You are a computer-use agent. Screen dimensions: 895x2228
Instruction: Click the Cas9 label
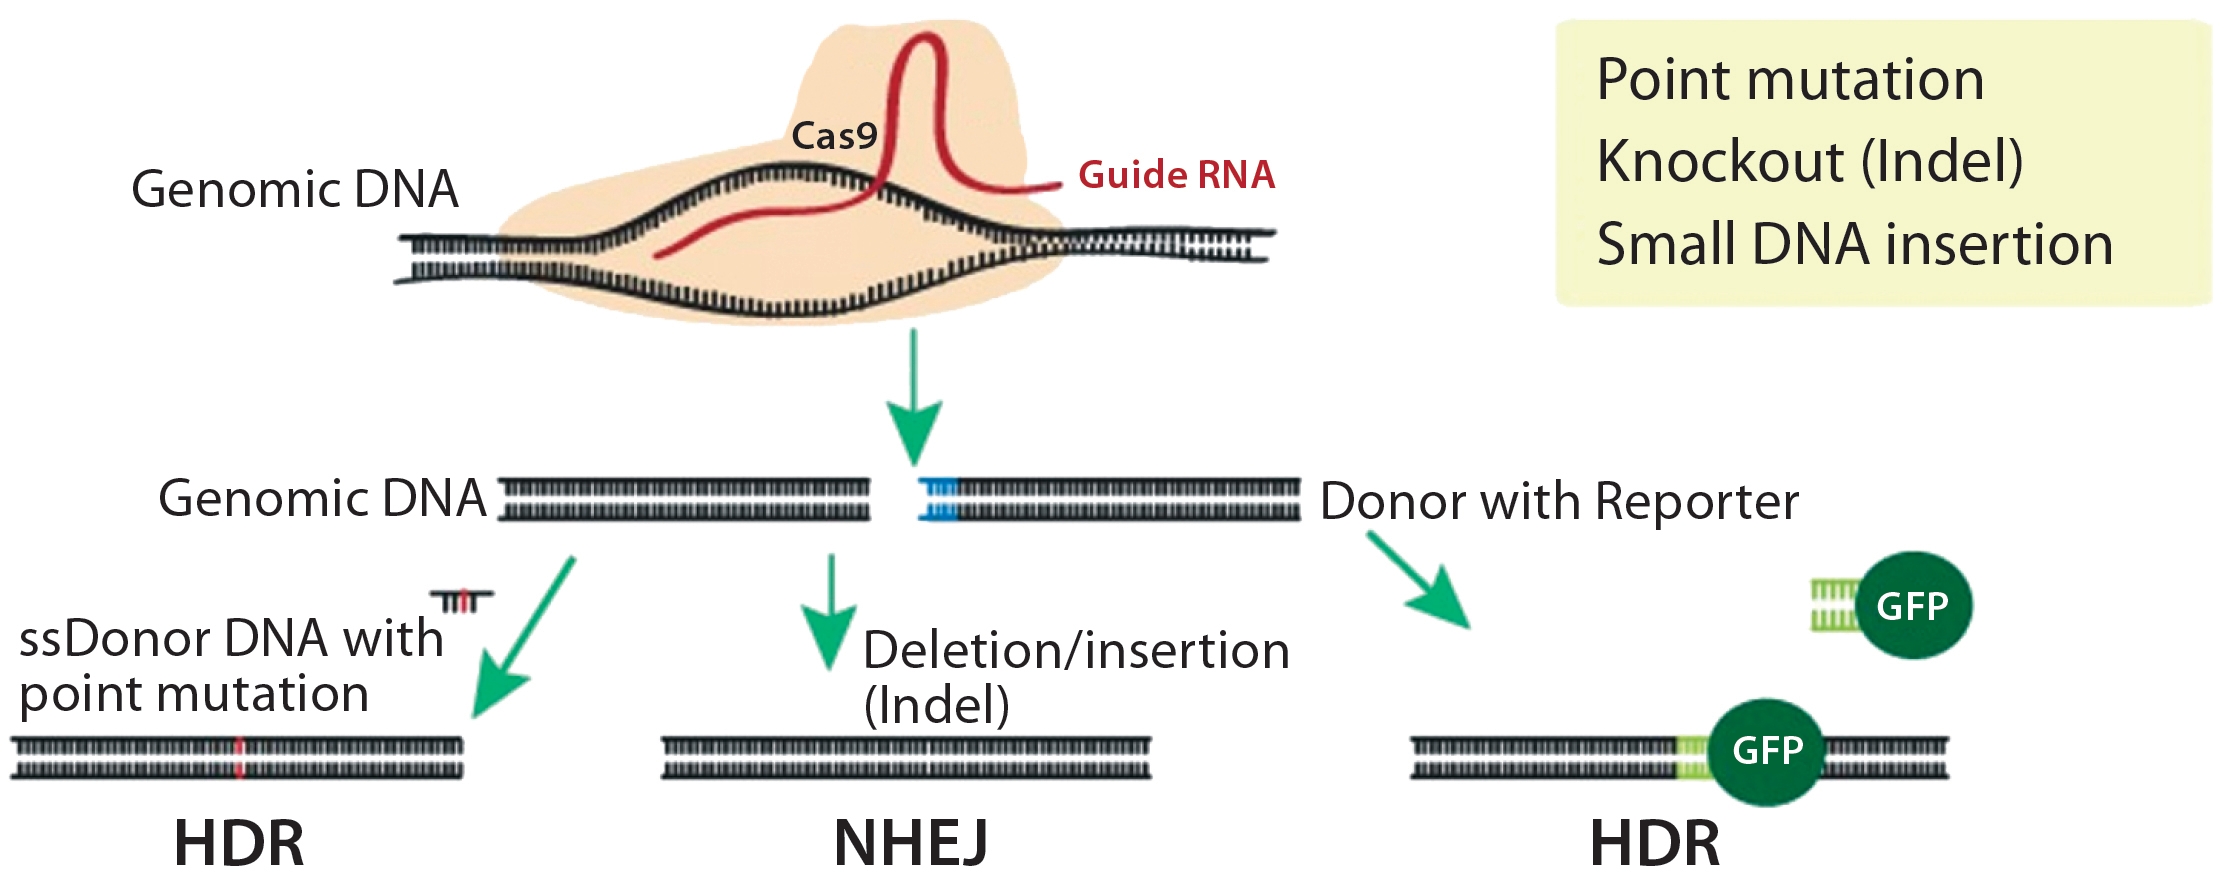click(833, 136)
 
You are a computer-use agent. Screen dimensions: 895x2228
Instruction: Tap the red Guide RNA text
click(1176, 175)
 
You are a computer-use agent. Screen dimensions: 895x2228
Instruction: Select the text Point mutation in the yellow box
click(1790, 79)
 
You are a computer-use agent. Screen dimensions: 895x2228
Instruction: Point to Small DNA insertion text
click(1855, 244)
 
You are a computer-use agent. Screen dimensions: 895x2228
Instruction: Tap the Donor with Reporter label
click(1559, 501)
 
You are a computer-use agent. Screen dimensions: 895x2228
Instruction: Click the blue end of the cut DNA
click(938, 500)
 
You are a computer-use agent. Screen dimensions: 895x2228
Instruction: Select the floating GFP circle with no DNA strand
click(1912, 606)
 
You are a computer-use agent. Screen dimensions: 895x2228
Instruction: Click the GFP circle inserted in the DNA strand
click(1767, 751)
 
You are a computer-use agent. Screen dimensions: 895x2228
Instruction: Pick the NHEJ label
click(910, 843)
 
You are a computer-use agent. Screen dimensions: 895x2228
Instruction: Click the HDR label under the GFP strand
click(1655, 843)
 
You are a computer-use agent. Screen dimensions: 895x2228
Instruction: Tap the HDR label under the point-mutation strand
click(239, 843)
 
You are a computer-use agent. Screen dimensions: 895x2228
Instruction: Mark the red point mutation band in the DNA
click(239, 757)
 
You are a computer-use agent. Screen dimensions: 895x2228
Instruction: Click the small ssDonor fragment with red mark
click(462, 600)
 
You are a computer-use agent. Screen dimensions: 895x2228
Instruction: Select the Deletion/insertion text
click(1076, 651)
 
